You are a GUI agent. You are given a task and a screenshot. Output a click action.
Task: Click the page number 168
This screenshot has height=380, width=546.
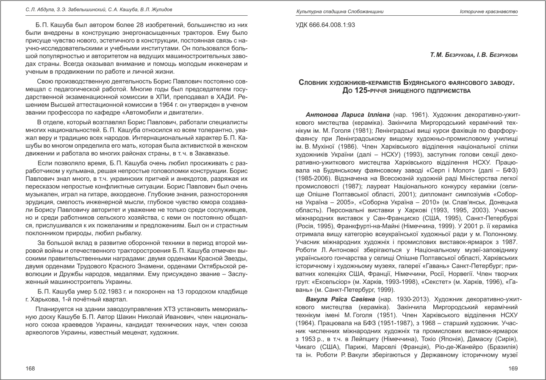pos(30,369)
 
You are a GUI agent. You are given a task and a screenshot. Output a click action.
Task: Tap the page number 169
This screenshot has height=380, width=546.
pos(513,369)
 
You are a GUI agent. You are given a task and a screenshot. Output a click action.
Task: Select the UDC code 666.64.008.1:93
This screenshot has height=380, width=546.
pos(325,25)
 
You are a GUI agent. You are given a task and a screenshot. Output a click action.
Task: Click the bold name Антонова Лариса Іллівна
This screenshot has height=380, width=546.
pos(348,115)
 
